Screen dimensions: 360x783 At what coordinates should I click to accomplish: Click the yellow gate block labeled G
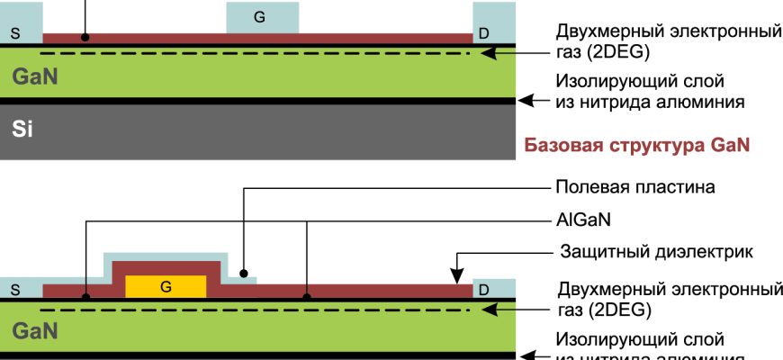pos(166,286)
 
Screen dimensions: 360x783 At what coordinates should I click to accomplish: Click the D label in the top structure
pos(484,33)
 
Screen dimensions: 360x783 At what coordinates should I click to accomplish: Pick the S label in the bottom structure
pos(14,290)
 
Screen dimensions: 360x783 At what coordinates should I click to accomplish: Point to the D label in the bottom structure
pos(484,290)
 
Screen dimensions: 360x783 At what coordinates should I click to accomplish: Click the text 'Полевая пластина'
pos(635,188)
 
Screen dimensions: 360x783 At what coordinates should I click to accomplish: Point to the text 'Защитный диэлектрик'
pos(653,251)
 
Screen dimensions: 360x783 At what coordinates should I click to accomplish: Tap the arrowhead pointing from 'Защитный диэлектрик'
pos(457,273)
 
